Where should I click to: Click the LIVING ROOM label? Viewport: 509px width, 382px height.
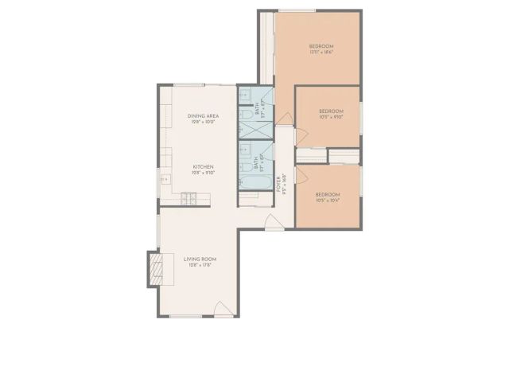pos(200,259)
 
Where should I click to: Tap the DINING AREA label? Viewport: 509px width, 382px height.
pos(203,116)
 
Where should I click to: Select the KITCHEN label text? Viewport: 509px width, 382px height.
pos(203,167)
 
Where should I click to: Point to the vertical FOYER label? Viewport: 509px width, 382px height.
pos(278,184)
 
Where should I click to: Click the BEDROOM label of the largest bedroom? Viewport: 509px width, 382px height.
pos(321,47)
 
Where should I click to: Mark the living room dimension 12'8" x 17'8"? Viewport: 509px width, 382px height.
pos(200,266)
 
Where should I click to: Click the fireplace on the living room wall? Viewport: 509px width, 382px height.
pos(155,268)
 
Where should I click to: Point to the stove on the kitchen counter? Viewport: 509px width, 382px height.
pos(189,198)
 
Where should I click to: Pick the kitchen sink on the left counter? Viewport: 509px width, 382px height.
pos(165,179)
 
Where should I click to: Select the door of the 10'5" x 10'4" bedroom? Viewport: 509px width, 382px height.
pos(302,177)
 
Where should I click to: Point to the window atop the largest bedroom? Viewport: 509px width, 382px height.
pos(296,10)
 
